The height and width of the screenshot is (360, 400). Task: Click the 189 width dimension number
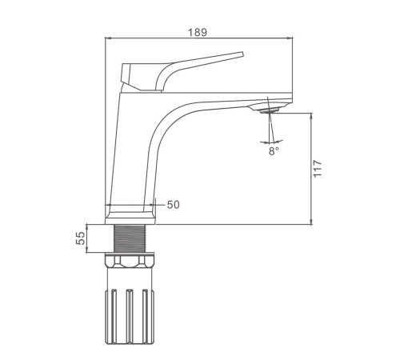click(198, 32)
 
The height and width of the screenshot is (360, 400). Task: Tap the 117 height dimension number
click(318, 168)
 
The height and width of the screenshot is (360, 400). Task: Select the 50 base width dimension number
click(174, 205)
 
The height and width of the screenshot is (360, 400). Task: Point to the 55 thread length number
click(80, 238)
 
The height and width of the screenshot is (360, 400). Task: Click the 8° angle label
click(274, 151)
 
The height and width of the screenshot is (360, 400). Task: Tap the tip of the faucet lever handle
click(242, 54)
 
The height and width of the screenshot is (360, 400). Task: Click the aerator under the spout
click(270, 110)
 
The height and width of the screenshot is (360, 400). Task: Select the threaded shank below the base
click(130, 238)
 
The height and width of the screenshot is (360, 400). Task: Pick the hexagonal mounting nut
click(130, 261)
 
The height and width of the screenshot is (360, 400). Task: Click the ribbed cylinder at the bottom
click(130, 316)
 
